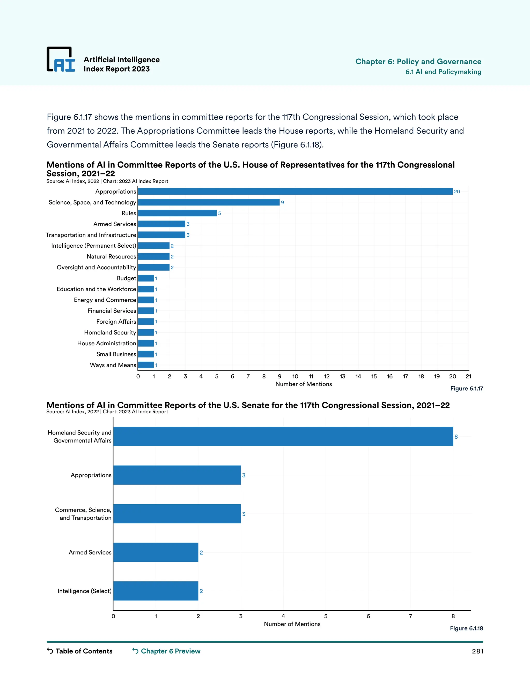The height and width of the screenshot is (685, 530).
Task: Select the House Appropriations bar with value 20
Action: pos(295,191)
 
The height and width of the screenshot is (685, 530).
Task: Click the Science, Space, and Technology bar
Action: pos(209,202)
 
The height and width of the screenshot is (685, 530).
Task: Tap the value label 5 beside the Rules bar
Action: pos(219,213)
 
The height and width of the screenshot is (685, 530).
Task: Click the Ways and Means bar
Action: pos(146,365)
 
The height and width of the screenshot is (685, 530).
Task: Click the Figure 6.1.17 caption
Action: pos(467,389)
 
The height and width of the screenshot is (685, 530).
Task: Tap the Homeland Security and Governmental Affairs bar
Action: pos(283,436)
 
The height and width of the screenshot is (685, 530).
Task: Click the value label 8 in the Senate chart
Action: pos(456,437)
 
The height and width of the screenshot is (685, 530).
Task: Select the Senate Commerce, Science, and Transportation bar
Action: pos(177,514)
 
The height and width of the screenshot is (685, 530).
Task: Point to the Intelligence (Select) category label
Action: pos(84,591)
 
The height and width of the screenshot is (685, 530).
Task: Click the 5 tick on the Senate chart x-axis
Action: pos(326,616)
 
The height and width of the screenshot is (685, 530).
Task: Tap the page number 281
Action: pos(477,651)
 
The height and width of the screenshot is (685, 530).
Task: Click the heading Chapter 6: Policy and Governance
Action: pos(418,62)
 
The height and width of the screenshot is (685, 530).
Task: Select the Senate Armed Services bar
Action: pos(156,552)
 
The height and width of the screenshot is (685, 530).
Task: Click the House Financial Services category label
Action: pos(112,311)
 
